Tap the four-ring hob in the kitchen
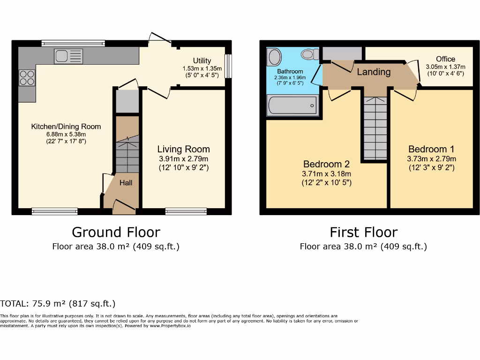27,77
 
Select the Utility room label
202,60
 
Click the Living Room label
183,149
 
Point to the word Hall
126,182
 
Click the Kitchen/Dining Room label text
66,127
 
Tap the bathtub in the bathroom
292,105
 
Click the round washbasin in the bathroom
275,58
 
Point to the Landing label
374,72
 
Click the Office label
445,59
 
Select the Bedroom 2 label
326,164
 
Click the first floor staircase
375,129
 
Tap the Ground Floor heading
116,232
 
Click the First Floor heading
363,232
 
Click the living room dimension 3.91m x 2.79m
183,158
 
